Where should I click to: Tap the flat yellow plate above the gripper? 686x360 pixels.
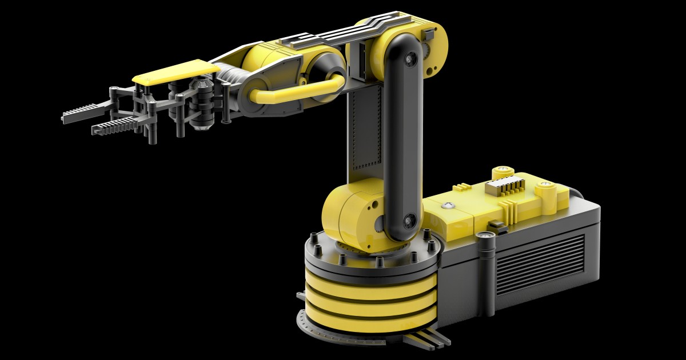tap(175, 72)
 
